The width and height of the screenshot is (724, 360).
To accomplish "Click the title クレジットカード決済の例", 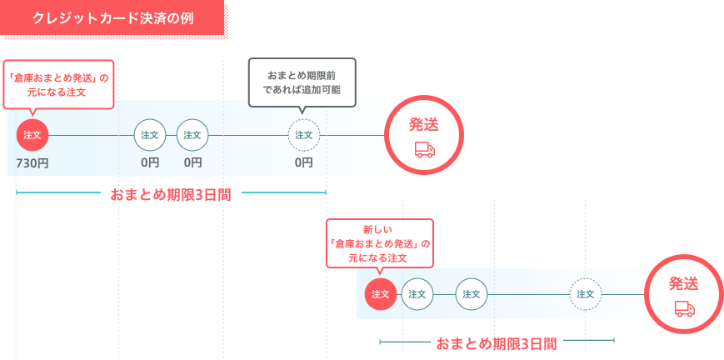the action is click(x=112, y=18).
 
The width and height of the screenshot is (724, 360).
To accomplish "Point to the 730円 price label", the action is click(x=32, y=163).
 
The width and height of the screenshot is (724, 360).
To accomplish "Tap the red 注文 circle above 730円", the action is click(x=32, y=135).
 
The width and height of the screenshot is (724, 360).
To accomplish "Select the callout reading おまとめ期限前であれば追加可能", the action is click(x=302, y=82).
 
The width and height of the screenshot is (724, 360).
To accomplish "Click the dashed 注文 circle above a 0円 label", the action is click(x=304, y=135).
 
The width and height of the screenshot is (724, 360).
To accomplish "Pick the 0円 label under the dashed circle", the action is click(x=304, y=162).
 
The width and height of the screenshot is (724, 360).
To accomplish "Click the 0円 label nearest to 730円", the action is click(x=150, y=162).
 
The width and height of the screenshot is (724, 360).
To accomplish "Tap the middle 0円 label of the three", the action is click(x=192, y=162).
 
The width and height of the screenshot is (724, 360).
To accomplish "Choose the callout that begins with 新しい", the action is click(x=380, y=243).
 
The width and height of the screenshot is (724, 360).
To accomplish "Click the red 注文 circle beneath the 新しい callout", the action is click(x=381, y=294).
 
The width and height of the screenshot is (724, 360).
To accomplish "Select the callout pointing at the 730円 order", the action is click(x=58, y=84).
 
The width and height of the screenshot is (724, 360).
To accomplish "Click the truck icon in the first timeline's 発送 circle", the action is click(x=425, y=150).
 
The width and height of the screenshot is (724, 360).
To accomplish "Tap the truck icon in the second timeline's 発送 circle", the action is click(x=685, y=308).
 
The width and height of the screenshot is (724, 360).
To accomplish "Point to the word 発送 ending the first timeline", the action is click(x=424, y=125).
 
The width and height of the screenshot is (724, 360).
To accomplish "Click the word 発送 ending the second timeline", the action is click(x=684, y=283).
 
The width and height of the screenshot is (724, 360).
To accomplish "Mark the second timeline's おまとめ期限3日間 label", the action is click(x=497, y=344).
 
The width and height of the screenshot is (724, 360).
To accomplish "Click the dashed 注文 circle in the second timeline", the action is click(x=586, y=294).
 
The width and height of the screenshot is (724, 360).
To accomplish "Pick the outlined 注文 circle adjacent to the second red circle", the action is click(x=417, y=294).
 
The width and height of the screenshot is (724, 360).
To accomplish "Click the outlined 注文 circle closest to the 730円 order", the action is click(x=150, y=135).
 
